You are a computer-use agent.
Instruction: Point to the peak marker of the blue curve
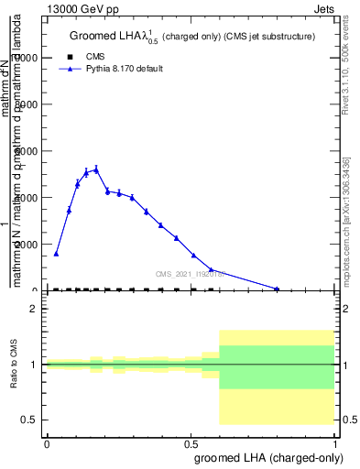[96, 169]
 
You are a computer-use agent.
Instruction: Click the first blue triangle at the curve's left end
[56, 254]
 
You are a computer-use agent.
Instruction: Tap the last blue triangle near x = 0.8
[277, 289]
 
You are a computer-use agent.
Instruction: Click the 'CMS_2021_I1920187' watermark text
[190, 273]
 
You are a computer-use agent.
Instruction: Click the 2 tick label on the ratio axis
[33, 309]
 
